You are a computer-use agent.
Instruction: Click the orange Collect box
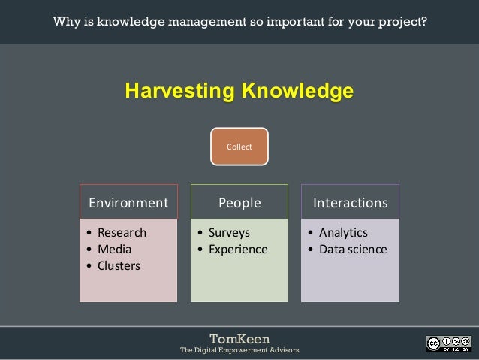coord(239,147)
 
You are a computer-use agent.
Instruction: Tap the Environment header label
coord(128,202)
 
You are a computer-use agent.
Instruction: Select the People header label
coord(239,202)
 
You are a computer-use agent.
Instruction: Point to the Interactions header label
coord(350,202)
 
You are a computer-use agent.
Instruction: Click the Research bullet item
coord(122,232)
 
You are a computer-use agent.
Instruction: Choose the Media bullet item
coord(114,249)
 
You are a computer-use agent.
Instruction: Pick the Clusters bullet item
coord(119,265)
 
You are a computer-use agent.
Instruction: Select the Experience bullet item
coord(237,249)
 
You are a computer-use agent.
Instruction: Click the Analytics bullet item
coord(343,232)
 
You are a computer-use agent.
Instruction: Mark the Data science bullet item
coord(353,249)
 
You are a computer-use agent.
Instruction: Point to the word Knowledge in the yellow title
coord(296,92)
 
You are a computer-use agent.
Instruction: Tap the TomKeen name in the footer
coord(239,338)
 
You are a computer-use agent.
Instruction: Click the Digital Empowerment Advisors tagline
coord(239,350)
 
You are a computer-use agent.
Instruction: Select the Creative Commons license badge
coord(448,343)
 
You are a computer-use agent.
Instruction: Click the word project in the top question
coord(403,21)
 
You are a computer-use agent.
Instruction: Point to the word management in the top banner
coord(214,21)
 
